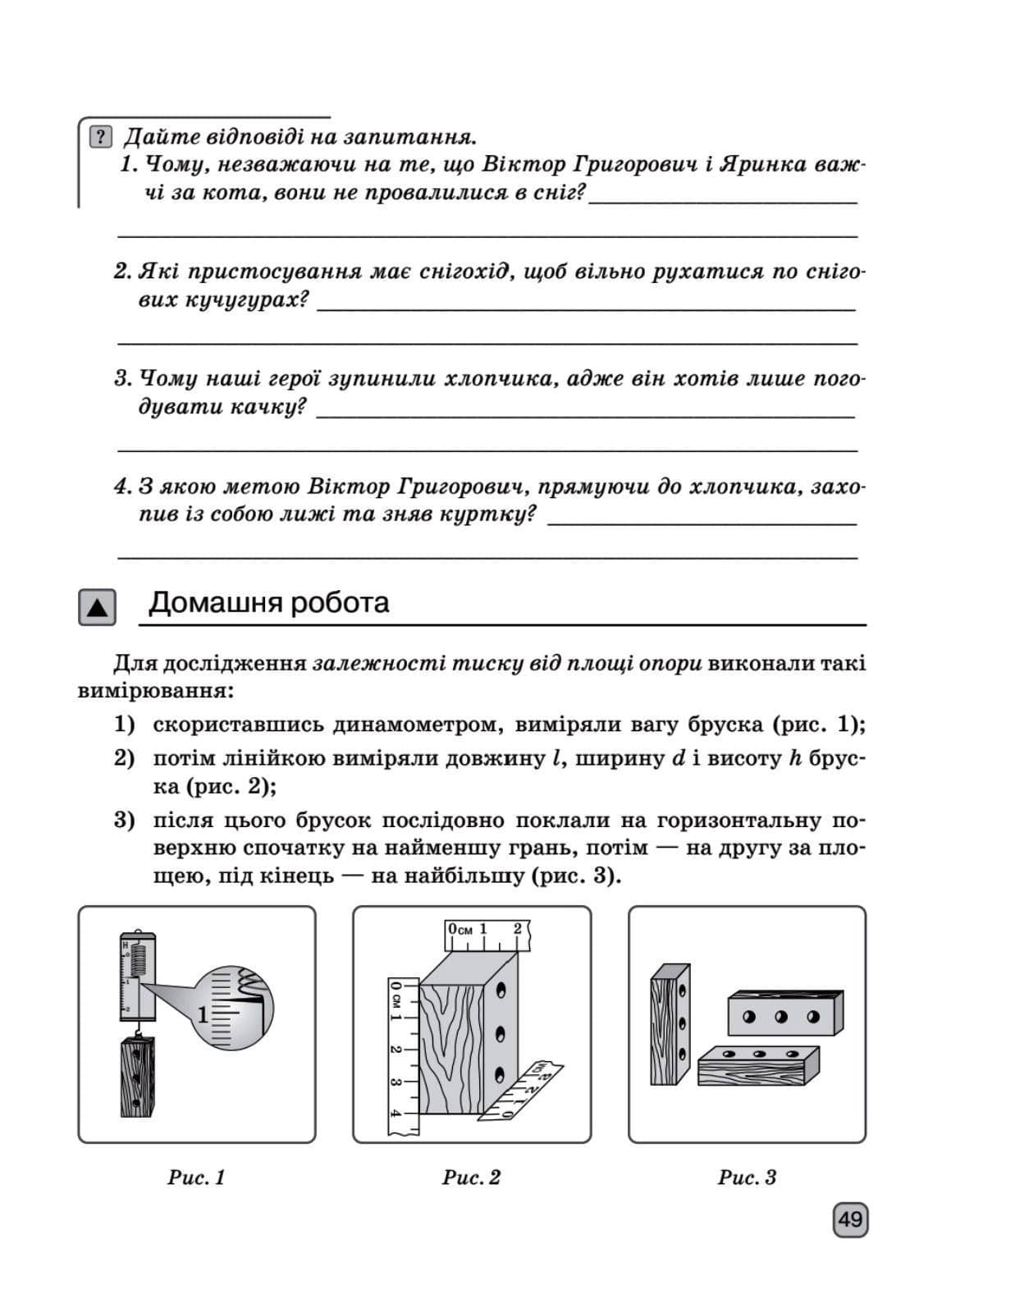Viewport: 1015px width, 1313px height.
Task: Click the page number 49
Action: pos(850,1219)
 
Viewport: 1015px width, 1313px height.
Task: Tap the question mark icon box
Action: pos(99,137)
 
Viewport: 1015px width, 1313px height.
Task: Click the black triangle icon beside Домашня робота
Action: pos(97,607)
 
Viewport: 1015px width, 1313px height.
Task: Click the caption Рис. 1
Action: pos(196,1178)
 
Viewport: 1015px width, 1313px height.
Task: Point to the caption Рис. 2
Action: pos(471,1178)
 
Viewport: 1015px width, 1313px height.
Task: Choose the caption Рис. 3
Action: pos(747,1178)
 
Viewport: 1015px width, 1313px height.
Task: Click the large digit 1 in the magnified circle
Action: pos(203,1016)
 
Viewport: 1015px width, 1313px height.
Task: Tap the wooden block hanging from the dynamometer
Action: pos(137,1077)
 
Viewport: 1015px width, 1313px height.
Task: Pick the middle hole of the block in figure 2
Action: pos(500,1032)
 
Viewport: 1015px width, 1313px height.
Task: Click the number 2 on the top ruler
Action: pos(518,929)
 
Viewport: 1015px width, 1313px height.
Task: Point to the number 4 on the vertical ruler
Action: pos(396,1114)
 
